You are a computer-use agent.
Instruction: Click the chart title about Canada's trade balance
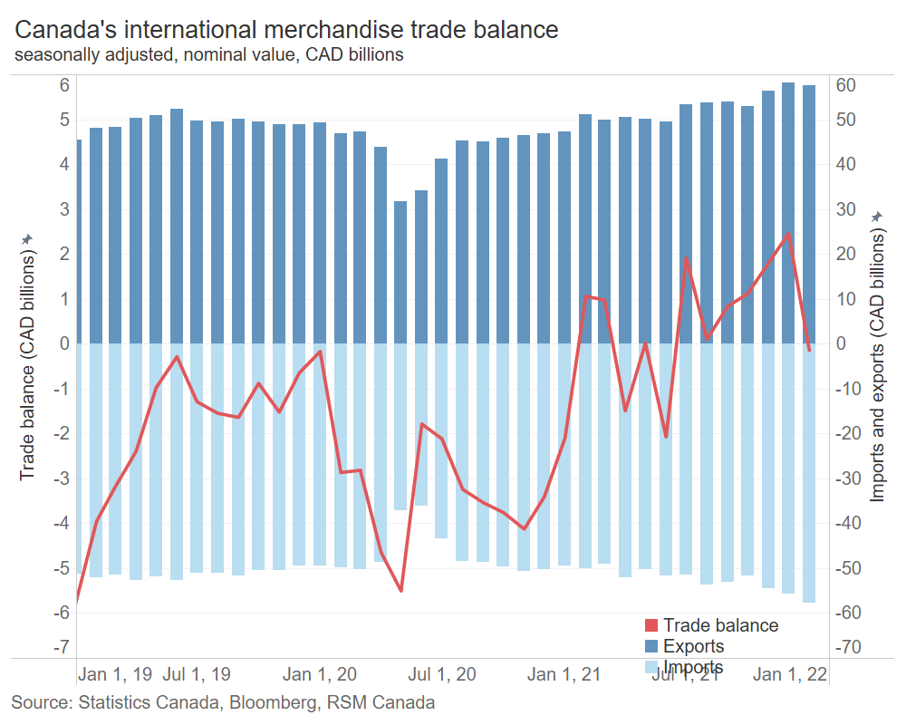click(x=286, y=30)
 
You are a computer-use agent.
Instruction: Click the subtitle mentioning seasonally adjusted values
click(x=208, y=55)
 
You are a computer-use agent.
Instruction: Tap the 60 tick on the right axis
click(x=846, y=85)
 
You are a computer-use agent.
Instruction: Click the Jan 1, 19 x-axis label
click(x=115, y=675)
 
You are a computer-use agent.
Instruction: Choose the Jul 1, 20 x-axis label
click(x=442, y=675)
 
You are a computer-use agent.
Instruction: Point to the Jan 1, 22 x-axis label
click(x=790, y=675)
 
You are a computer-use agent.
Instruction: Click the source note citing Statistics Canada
click(x=223, y=702)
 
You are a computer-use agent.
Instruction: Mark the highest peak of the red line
click(x=788, y=234)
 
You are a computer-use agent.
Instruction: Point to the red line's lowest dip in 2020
click(x=400, y=591)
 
